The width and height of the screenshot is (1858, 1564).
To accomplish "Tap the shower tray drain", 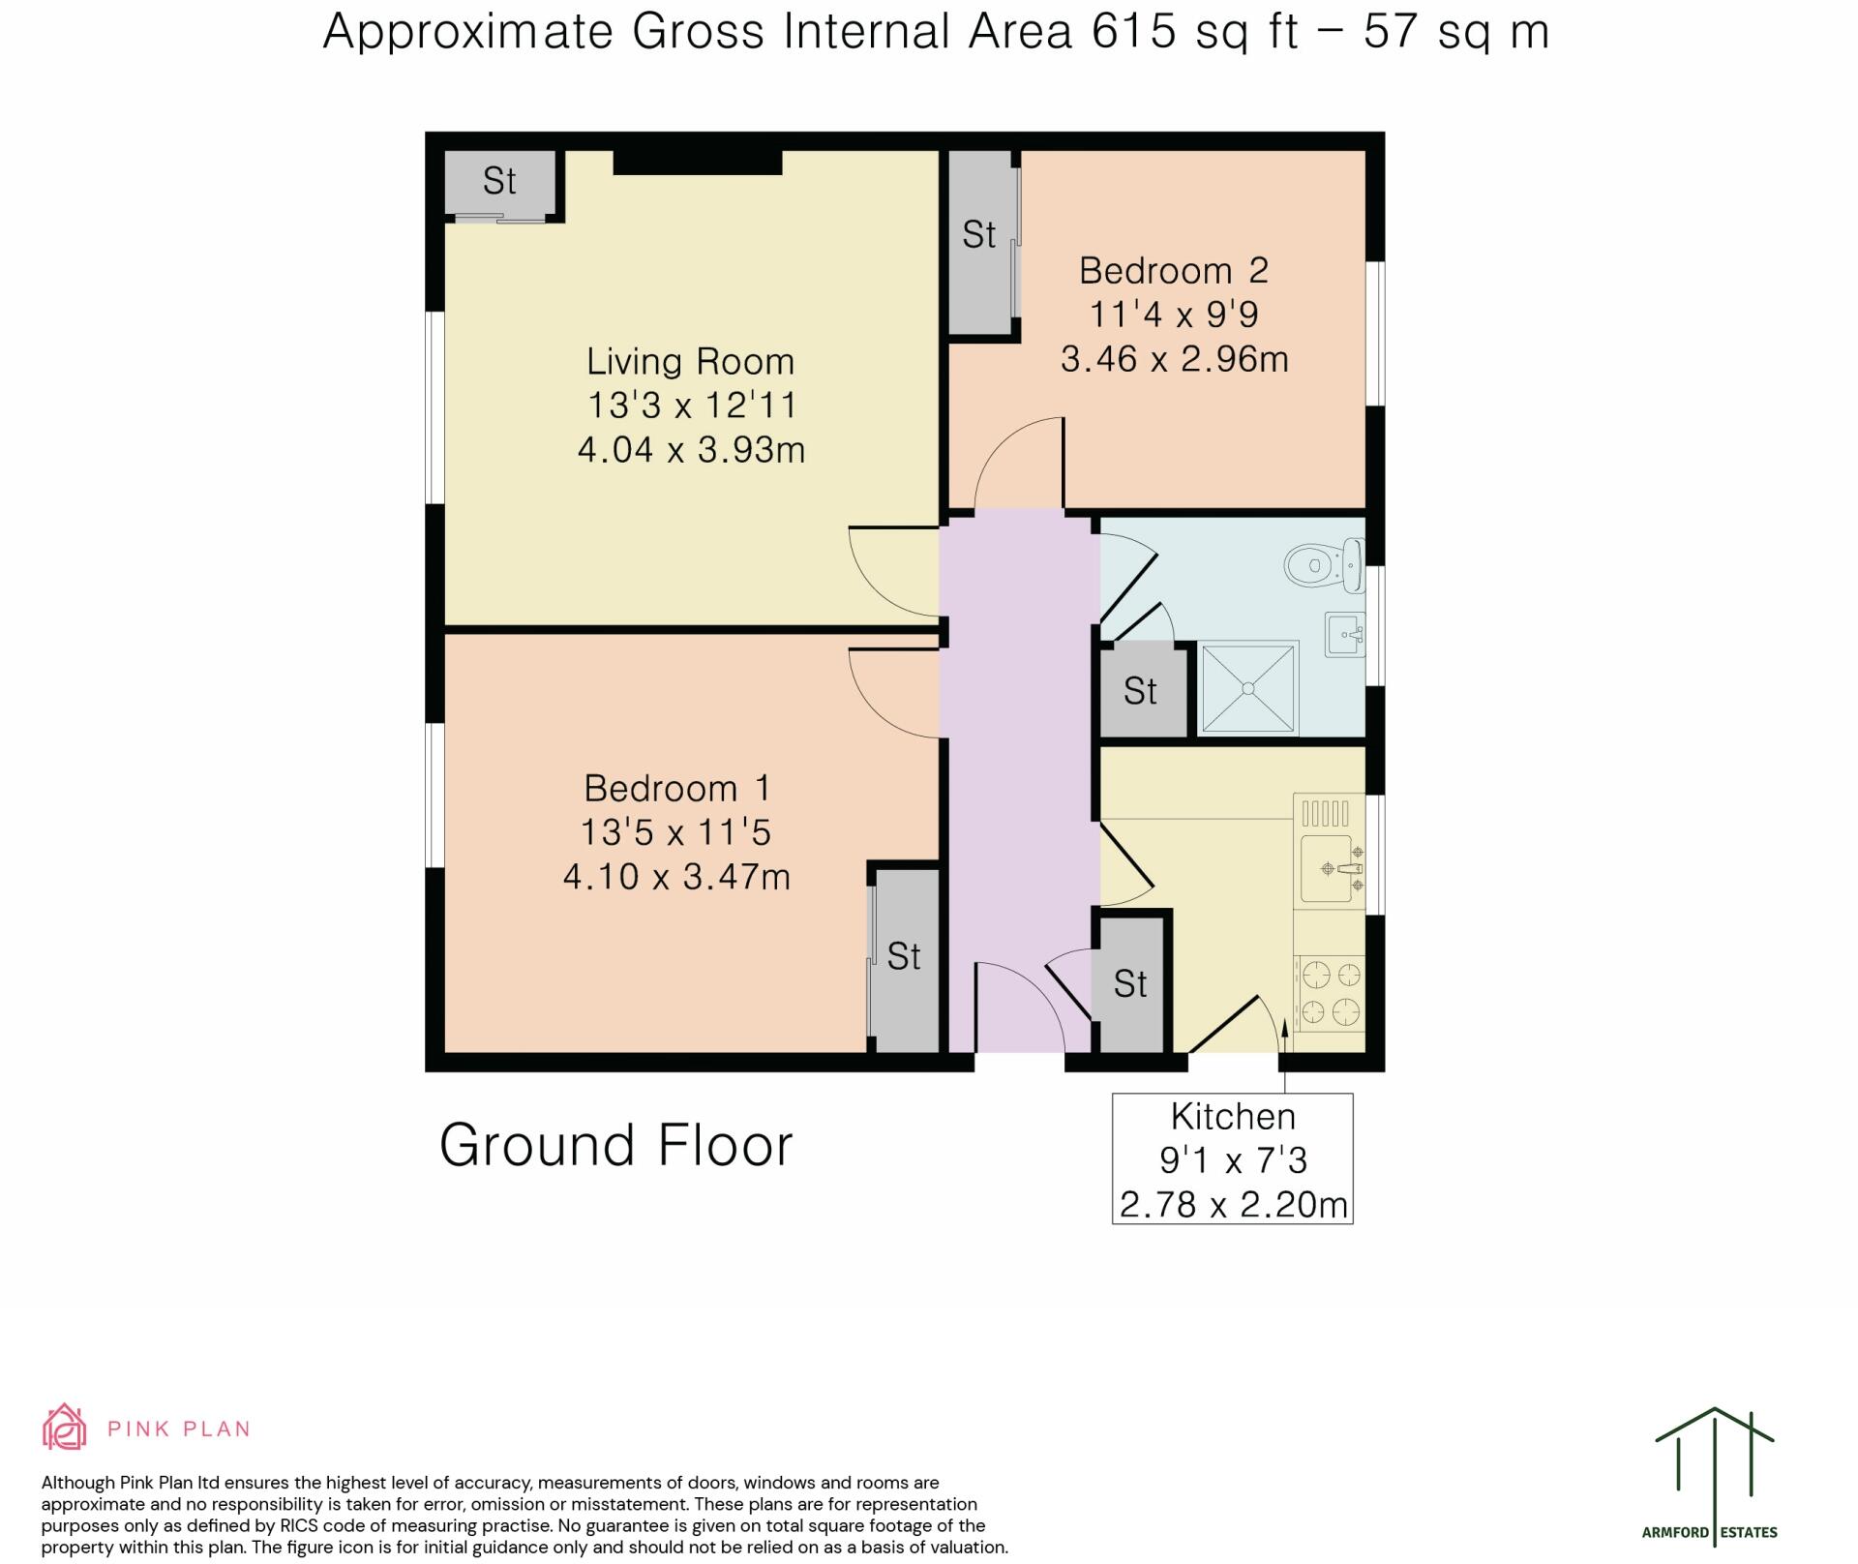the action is pos(1248,688).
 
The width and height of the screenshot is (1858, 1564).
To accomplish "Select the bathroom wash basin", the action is pos(1345,635).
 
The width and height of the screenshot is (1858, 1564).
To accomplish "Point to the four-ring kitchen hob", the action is pos(1331,992).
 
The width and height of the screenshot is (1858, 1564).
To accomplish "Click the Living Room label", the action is pos(691,362).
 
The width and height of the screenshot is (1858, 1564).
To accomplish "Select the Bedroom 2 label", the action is pos(1174,270).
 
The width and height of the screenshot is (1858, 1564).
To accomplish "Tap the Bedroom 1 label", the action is pos(677,788).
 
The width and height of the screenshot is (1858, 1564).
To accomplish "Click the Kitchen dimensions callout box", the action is pos(1233,1158).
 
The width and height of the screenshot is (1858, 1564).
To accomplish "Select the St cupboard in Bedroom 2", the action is pos(980,242).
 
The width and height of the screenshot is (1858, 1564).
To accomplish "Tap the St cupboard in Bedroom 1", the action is pos(904,959).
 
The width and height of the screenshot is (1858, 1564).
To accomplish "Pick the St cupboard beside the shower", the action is pos(1143,692).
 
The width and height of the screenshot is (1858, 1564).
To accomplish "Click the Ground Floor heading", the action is pos(616,1145).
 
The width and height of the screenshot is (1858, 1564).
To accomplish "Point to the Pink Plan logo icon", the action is pos(64,1427).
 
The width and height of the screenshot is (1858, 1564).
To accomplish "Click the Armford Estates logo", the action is pos(1714,1474).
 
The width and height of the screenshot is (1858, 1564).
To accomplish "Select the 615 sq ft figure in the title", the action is pos(1194,32).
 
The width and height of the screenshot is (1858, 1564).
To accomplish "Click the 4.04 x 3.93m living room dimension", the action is pos(691,450).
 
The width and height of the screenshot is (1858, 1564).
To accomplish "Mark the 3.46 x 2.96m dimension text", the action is pos(1175,359).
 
